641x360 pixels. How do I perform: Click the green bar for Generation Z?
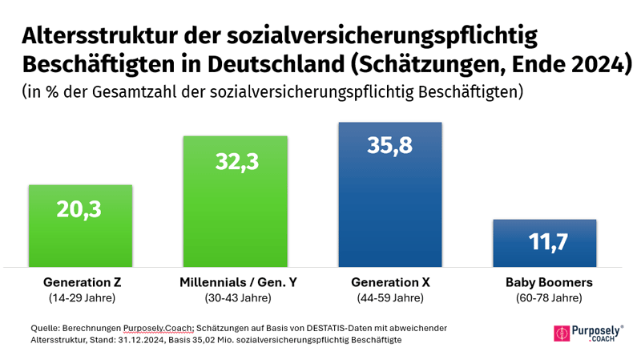[80, 237]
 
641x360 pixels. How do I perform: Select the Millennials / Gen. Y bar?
[235, 216]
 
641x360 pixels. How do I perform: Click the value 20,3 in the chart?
[80, 209]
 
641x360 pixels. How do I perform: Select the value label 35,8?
[390, 146]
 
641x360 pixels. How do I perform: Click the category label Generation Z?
[82, 283]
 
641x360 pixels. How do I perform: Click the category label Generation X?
[391, 283]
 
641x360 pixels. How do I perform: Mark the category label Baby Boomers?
[548, 283]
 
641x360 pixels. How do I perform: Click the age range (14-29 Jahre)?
[82, 298]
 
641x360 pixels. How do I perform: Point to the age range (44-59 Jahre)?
[391, 298]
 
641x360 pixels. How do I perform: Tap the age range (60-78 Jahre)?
[548, 298]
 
